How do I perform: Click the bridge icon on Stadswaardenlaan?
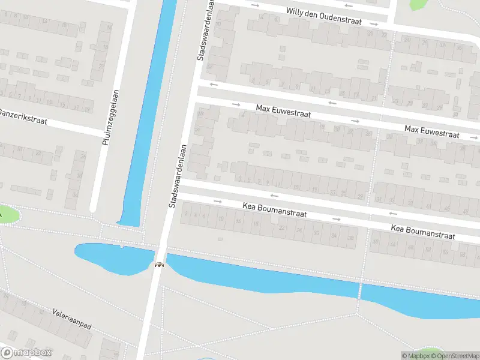pyautogui.click(x=159, y=265)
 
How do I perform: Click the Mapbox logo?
pyautogui.click(x=26, y=353)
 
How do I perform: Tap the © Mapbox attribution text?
pyautogui.click(x=414, y=356)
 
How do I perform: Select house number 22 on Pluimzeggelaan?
pyautogui.click(x=101, y=66)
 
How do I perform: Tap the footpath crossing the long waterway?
pyautogui.click(x=361, y=291)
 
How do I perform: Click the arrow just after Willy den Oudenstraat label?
pyautogui.click(x=373, y=24)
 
